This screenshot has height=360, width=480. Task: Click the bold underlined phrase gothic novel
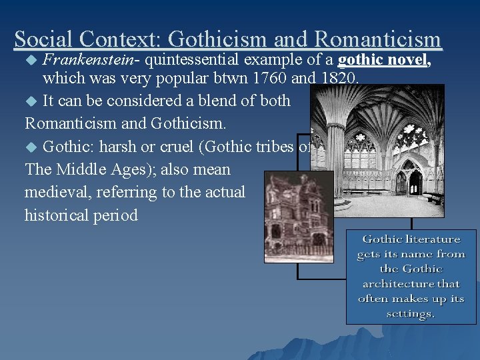pos(384,61)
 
